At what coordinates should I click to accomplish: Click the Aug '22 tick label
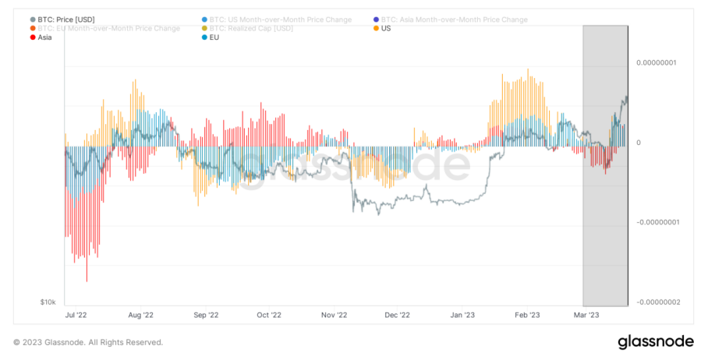pos(140,316)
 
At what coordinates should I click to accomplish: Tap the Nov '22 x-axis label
pos(333,316)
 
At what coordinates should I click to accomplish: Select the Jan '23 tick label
pos(462,316)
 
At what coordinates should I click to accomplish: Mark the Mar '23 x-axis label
pos(587,316)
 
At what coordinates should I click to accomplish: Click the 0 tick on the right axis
pos(639,143)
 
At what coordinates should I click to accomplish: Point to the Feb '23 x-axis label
pos(528,316)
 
